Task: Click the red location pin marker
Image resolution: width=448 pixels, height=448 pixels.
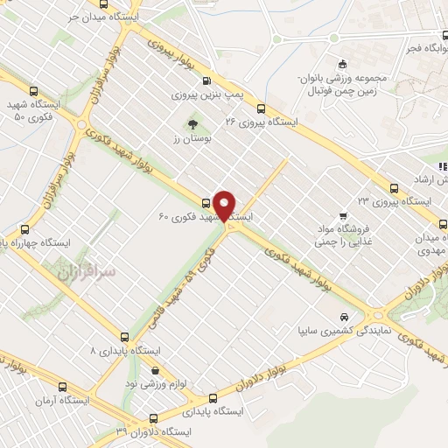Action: (226, 205)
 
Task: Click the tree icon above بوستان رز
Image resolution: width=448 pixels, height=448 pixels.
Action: (192, 123)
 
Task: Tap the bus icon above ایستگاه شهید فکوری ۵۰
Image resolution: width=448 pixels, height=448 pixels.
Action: (34, 90)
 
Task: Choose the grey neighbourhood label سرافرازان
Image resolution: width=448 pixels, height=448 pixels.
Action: (87, 273)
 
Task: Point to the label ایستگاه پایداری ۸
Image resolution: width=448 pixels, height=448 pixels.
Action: (128, 350)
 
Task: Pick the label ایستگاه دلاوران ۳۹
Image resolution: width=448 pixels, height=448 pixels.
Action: (153, 431)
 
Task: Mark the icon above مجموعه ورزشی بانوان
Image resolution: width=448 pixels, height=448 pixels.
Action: (343, 62)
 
